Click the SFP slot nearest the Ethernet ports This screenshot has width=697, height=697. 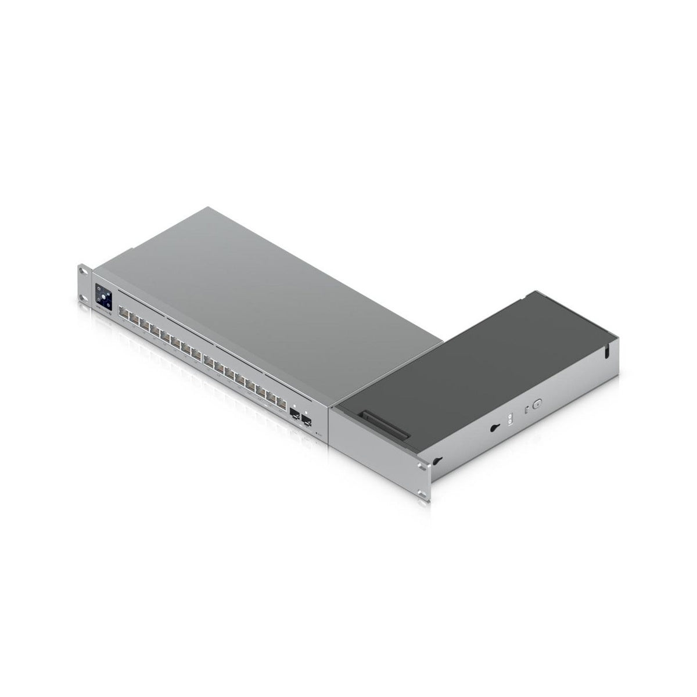pos(294,414)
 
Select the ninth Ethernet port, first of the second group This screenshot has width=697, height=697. pos(207,360)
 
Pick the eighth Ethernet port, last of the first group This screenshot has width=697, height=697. pos(196,353)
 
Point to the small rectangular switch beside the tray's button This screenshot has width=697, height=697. pos(525,410)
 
